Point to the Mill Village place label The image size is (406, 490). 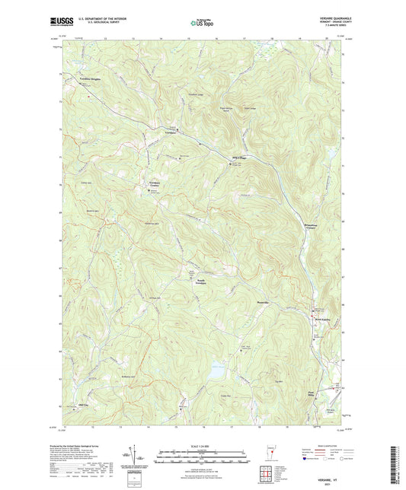(x=238, y=156)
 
